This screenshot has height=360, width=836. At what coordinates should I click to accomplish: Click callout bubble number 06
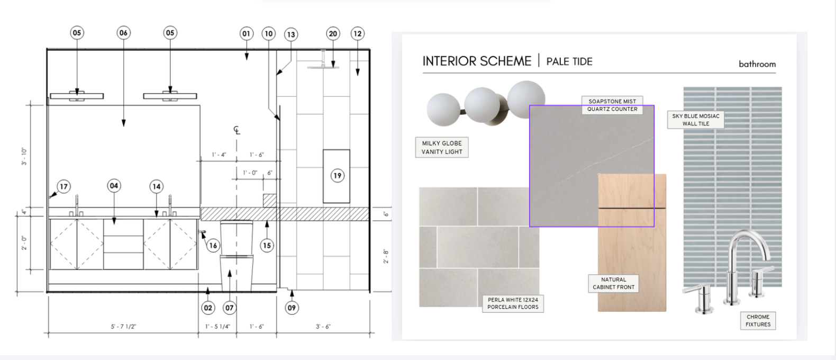pyautogui.click(x=123, y=33)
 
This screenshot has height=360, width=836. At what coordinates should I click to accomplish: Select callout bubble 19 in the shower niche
pyautogui.click(x=338, y=176)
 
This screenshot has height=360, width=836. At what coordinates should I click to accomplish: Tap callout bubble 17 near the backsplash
pyautogui.click(x=64, y=186)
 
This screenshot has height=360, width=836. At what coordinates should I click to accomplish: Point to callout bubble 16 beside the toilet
pyautogui.click(x=213, y=245)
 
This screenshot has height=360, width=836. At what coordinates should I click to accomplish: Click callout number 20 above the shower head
pyautogui.click(x=333, y=33)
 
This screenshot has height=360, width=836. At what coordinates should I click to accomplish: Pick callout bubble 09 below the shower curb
pyautogui.click(x=292, y=308)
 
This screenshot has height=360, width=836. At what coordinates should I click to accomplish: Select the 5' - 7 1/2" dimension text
pyautogui.click(x=123, y=327)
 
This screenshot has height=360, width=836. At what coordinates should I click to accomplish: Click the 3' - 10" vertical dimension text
pyautogui.click(x=24, y=156)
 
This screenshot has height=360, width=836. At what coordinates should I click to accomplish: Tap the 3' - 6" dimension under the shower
pyautogui.click(x=323, y=327)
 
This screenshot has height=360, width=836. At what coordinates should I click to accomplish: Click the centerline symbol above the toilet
pyautogui.click(x=237, y=130)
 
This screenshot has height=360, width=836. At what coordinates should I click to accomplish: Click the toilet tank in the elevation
pyautogui.click(x=237, y=238)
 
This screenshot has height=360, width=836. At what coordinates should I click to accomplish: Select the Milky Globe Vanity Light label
pyautogui.click(x=442, y=148)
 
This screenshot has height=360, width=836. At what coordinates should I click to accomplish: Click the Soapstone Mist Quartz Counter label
pyautogui.click(x=612, y=105)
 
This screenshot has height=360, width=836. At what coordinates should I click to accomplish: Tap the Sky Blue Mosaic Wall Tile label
pyautogui.click(x=696, y=120)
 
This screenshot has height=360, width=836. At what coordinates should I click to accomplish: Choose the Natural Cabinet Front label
pyautogui.click(x=614, y=283)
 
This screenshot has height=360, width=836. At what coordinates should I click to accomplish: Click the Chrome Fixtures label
pyautogui.click(x=758, y=320)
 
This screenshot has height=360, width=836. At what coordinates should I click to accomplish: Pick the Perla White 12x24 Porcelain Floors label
pyautogui.click(x=513, y=303)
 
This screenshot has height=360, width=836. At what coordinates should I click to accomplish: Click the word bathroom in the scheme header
pyautogui.click(x=757, y=64)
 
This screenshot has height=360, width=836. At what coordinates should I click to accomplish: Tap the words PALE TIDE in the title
pyautogui.click(x=569, y=61)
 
